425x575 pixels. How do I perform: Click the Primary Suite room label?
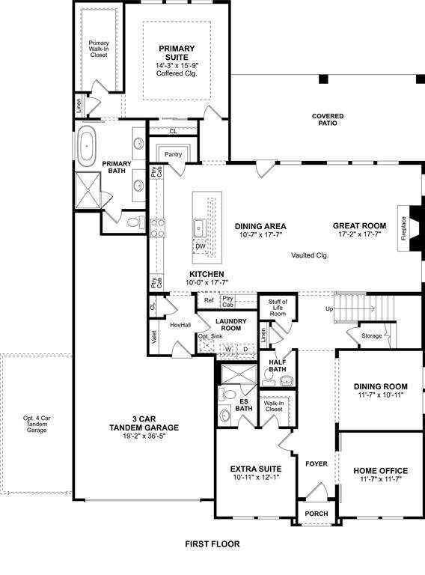[177, 53]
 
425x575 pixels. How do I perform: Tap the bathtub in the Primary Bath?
[87, 146]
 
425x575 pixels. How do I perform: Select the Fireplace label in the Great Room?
[403, 228]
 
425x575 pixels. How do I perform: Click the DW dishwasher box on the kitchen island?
[201, 246]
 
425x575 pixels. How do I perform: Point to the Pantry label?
[173, 154]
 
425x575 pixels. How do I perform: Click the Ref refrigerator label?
[209, 300]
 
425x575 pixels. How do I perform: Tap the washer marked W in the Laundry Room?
[228, 349]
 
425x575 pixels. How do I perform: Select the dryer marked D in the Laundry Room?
[246, 349]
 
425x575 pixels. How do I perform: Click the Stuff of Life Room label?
[278, 308]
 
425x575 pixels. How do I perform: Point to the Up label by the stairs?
[329, 308]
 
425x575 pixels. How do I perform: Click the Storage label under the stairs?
[372, 335]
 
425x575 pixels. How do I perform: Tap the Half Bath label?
[278, 365]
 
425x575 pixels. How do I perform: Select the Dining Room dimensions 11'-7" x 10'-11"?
[381, 395]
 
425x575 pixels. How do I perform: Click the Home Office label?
[381, 470]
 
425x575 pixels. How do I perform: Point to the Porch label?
[317, 514]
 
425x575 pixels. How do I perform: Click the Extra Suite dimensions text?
[256, 478]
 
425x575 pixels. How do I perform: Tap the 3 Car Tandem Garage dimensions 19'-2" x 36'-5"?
[144, 436]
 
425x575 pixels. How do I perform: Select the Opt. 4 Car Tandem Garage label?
[37, 424]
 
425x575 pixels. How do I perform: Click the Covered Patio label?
[328, 120]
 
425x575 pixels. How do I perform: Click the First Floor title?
[212, 544]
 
